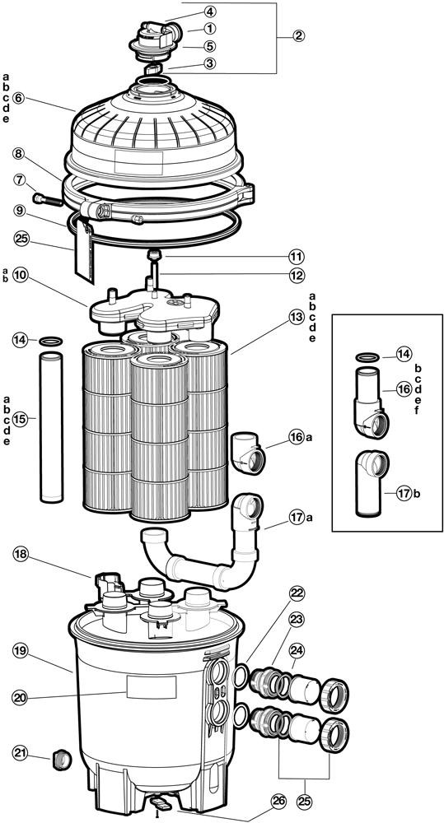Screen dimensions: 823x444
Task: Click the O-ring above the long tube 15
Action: click(x=50, y=341)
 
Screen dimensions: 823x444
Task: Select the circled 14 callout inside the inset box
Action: click(x=403, y=355)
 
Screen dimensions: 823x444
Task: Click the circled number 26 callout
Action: click(x=277, y=799)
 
